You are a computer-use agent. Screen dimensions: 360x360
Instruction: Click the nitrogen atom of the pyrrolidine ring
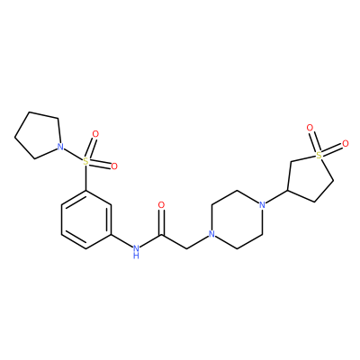click(60, 147)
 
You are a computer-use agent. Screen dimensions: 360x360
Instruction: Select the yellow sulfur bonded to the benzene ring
click(86, 161)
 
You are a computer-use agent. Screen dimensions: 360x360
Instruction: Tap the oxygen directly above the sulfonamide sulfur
click(95, 134)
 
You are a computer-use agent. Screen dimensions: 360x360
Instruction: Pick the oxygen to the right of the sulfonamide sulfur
click(113, 166)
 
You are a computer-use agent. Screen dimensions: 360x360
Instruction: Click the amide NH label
click(137, 251)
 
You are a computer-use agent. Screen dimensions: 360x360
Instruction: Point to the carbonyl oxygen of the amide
click(161, 205)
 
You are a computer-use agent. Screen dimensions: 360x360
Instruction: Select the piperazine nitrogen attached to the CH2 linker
click(211, 234)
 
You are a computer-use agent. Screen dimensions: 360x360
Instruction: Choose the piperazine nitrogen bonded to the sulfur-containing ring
click(263, 205)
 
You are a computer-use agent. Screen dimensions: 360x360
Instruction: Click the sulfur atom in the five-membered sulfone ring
click(319, 155)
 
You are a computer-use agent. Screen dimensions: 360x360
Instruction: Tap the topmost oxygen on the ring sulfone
click(310, 128)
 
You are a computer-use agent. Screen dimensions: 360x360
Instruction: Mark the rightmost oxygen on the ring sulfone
click(346, 143)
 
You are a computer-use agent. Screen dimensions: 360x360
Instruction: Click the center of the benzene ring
click(86, 220)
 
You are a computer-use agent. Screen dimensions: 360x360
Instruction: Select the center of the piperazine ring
click(237, 220)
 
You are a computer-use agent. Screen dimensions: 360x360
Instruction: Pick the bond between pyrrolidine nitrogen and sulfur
click(73, 154)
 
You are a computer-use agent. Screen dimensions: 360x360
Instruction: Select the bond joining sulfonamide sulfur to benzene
click(86, 178)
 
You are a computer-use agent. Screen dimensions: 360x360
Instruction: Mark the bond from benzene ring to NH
click(121, 241)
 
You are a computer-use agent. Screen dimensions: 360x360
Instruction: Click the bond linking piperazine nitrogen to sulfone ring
click(277, 197)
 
